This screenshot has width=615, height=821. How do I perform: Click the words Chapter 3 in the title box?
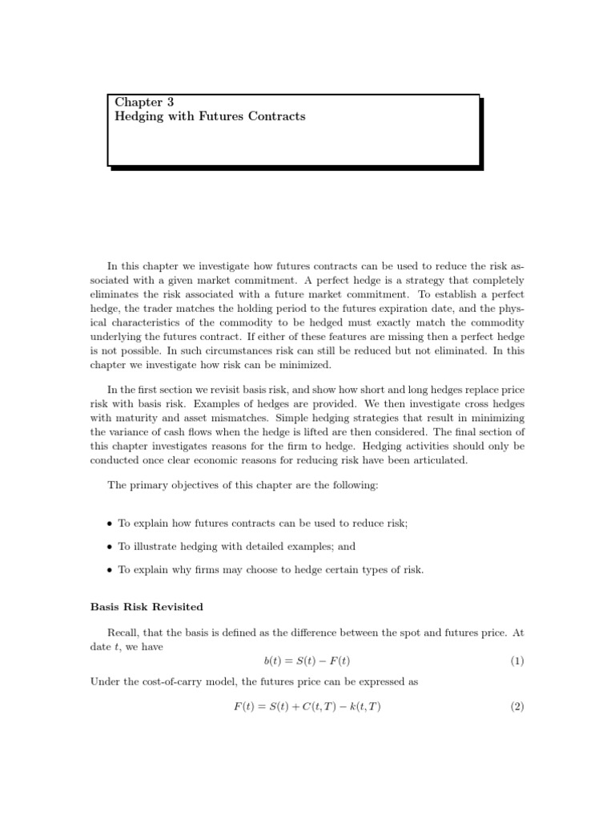(144, 102)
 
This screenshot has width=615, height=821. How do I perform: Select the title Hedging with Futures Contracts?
(210, 116)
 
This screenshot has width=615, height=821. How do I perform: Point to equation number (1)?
(517, 661)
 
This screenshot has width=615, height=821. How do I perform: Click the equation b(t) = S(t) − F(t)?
(307, 661)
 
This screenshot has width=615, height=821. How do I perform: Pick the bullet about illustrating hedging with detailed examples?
(236, 546)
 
